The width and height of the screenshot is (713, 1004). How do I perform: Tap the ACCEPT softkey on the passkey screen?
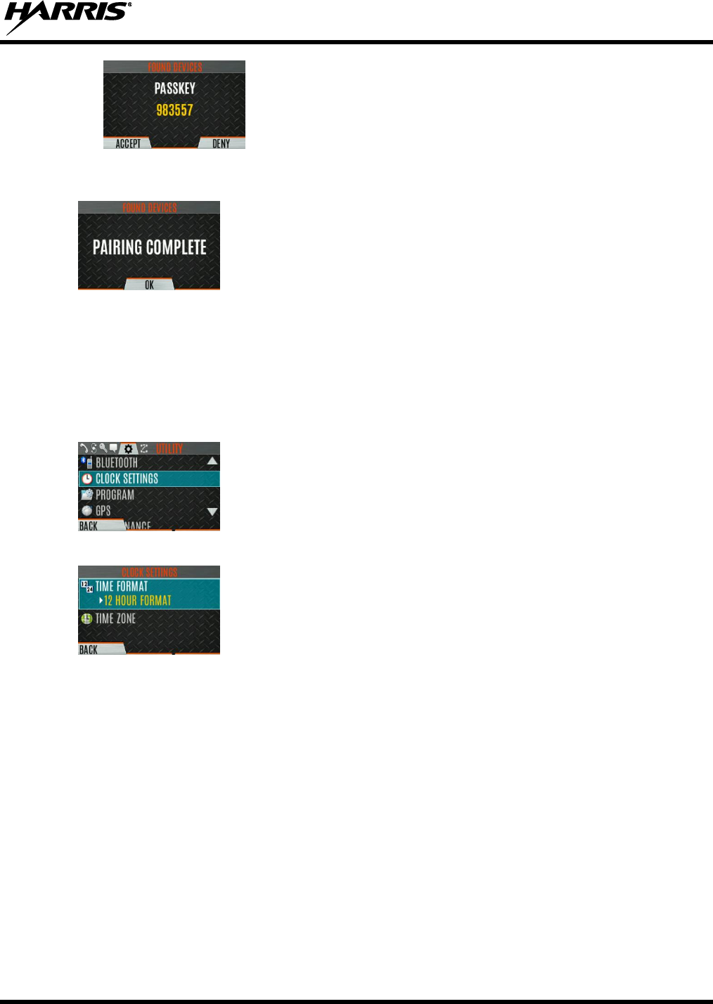(128, 143)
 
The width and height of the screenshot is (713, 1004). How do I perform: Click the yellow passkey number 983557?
(174, 110)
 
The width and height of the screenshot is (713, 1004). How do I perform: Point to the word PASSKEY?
(174, 89)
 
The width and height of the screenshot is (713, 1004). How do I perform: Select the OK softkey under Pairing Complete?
(149, 285)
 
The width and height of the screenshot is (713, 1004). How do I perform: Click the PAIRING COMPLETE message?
(149, 247)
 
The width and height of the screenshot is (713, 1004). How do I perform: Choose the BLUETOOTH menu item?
(117, 463)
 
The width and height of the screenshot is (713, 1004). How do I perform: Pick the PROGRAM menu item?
(115, 495)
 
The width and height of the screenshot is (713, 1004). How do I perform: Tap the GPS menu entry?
(103, 511)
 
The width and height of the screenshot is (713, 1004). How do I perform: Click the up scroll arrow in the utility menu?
(212, 462)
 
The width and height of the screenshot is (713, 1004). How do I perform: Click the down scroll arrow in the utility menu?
(212, 511)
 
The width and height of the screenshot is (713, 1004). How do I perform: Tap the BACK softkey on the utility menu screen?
(89, 526)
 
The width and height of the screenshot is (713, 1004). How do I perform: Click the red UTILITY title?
(169, 448)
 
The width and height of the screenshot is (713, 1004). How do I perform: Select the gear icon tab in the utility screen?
(128, 448)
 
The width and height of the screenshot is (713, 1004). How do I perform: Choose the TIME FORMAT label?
(122, 587)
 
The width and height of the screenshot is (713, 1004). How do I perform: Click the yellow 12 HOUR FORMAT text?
(137, 601)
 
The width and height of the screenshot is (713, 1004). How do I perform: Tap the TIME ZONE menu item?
(115, 619)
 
